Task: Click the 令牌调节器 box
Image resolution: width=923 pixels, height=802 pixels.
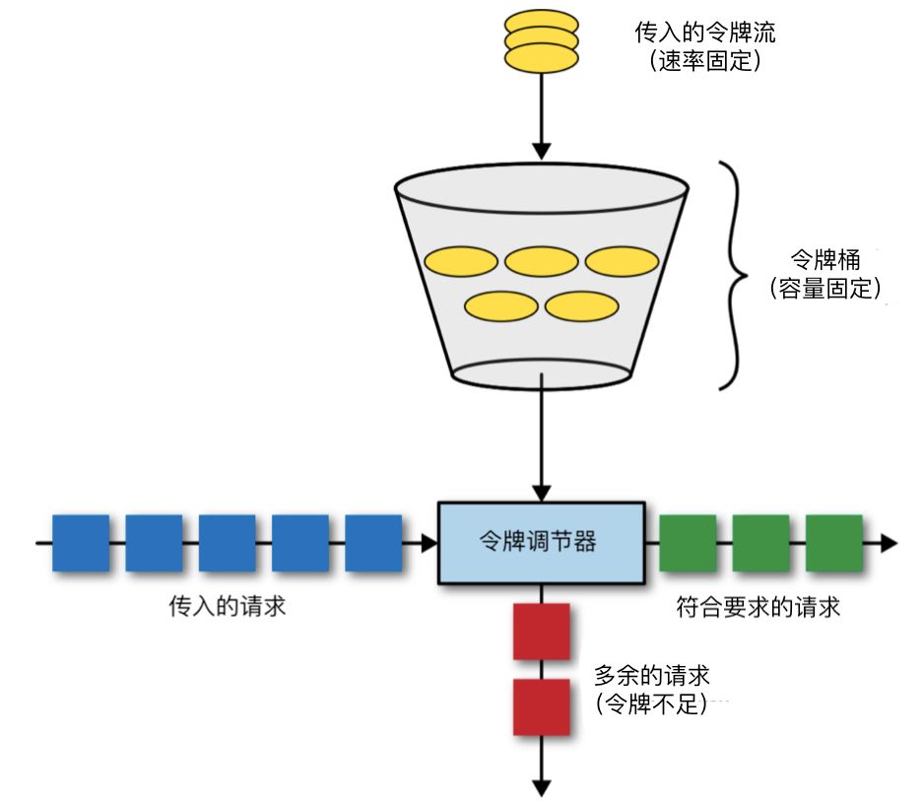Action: point(540,541)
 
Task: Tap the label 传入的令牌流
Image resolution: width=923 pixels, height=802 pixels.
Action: point(703,33)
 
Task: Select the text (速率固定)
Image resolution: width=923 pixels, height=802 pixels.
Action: point(703,60)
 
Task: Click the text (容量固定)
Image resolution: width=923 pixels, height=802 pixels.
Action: point(826,289)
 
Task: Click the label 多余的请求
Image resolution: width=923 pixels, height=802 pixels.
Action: point(652,677)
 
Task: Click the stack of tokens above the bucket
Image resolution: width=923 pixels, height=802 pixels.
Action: point(541,42)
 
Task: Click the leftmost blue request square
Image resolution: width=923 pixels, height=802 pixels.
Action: point(81,543)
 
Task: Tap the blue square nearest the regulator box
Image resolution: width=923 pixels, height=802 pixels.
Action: point(373,543)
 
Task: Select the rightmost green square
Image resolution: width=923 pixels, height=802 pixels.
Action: point(834,542)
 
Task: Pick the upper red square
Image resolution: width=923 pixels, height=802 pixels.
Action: point(542,632)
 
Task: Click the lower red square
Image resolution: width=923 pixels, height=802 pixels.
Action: point(542,705)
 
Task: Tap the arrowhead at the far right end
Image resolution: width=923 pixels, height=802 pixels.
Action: point(889,542)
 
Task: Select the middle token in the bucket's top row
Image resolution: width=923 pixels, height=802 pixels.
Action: point(541,261)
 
